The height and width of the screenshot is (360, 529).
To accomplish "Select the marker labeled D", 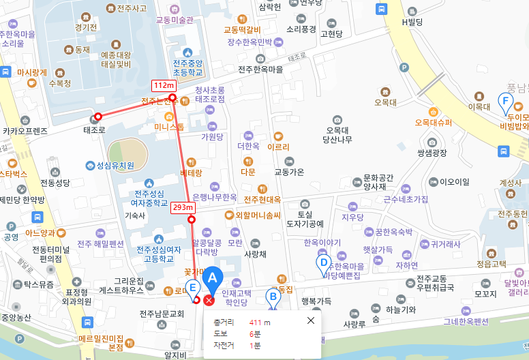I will (324, 262).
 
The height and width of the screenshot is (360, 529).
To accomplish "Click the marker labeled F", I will (505, 104).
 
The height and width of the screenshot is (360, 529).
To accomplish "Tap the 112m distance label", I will (163, 85).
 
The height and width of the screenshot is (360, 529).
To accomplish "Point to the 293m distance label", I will (183, 207).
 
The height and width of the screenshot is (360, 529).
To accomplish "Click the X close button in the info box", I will (311, 320).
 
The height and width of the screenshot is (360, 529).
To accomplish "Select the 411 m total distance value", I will (259, 322).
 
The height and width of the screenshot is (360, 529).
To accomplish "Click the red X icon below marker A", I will (209, 301).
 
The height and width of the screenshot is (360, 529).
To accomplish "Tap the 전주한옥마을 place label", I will (260, 70).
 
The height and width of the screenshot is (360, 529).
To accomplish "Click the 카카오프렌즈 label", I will (25, 130).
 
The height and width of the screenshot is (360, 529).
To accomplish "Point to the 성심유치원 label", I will (115, 165).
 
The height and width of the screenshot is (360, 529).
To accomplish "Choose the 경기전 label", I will (87, 28).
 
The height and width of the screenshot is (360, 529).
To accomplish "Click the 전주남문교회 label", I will (162, 314).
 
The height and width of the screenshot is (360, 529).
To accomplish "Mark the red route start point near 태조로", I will (98, 117).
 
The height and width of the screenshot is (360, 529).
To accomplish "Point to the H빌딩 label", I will (412, 22).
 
